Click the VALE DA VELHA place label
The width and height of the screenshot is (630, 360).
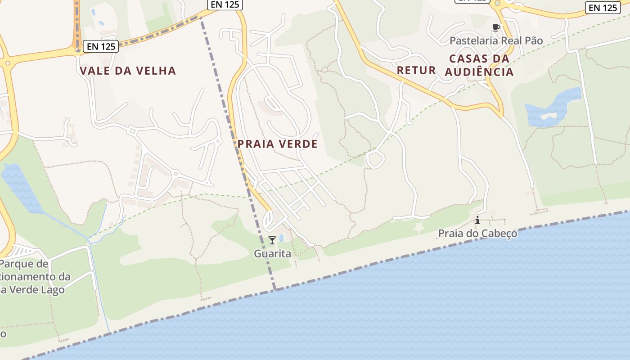[x=128, y=71]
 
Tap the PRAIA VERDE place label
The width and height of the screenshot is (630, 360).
[x=278, y=144]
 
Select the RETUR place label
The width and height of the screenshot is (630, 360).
[x=416, y=70]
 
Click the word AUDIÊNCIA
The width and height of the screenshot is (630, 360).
[x=479, y=72]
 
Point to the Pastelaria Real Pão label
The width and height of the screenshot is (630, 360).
[x=496, y=40]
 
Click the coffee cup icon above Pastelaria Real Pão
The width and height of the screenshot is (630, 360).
[x=496, y=28]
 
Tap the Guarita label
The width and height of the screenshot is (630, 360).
[x=272, y=254]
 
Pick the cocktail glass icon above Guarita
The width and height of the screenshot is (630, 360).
[x=272, y=240]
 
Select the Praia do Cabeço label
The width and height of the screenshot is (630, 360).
[x=477, y=234]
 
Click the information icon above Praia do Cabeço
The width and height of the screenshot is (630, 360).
[x=477, y=220]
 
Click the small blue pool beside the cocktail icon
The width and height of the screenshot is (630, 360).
[x=281, y=237]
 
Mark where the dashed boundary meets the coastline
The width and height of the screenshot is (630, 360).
[x=274, y=290]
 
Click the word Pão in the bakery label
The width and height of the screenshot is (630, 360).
[x=534, y=40]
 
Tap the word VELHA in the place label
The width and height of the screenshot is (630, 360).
[x=155, y=71]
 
